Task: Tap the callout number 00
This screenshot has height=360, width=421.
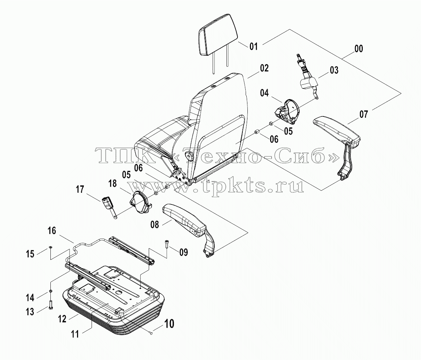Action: (x=359, y=49)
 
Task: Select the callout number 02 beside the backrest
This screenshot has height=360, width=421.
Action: (x=264, y=68)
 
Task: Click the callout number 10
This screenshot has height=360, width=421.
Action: (x=169, y=324)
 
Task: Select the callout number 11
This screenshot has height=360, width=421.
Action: (x=75, y=334)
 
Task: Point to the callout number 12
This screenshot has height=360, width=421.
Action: (x=62, y=319)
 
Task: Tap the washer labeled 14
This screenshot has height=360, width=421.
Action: (x=50, y=291)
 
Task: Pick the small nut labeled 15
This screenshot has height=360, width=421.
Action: (x=50, y=247)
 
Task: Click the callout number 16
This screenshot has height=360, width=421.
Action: (x=52, y=231)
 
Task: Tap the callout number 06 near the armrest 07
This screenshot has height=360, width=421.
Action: (x=274, y=139)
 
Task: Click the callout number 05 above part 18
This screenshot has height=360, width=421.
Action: (x=126, y=175)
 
